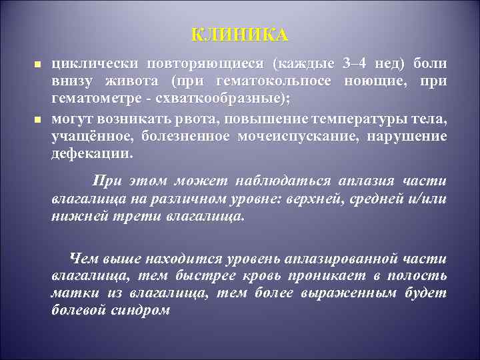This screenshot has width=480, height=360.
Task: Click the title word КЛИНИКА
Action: click(240, 35)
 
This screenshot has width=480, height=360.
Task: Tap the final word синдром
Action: click(147, 310)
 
